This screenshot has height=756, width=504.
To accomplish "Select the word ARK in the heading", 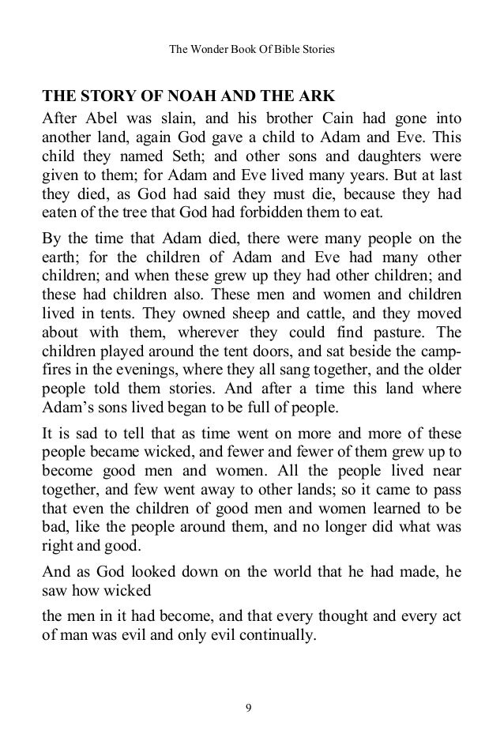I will tap(318, 99).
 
